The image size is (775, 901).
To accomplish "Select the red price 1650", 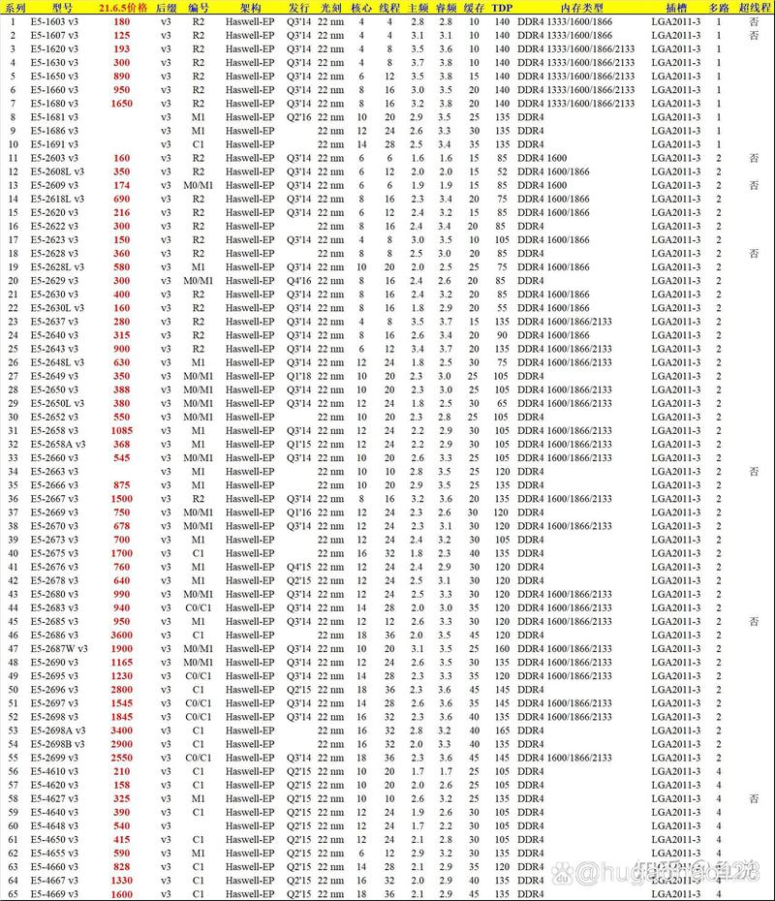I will (122, 103).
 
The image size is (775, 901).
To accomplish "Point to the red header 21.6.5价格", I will (123, 7).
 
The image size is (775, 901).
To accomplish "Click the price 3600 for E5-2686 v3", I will (122, 635).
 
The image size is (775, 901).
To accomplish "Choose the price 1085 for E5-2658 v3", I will (122, 430).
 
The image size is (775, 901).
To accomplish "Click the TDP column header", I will (502, 7).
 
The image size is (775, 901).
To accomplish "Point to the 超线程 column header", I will (755, 7).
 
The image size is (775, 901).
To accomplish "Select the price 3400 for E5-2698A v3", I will (122, 730).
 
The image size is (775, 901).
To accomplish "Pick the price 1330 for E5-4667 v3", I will (122, 880).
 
